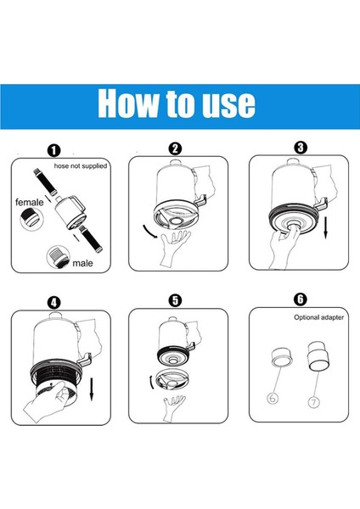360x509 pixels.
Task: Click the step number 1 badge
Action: coord(53,151)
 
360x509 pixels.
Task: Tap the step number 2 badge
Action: coord(175,148)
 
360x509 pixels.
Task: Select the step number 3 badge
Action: coord(301,148)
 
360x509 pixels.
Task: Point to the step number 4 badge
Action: coord(53,303)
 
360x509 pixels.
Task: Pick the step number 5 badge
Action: coord(175,300)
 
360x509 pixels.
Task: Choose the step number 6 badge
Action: coord(301,299)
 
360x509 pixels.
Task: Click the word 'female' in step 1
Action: coord(29,202)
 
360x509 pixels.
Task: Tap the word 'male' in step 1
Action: coord(82,263)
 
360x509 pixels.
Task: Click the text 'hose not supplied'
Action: coord(81,166)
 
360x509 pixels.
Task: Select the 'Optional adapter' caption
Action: coord(318,317)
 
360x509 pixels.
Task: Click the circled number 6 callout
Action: coord(273,398)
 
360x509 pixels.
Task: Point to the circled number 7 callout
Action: coord(314,402)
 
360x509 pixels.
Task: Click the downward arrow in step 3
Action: coord(326,227)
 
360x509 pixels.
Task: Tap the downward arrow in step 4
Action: coord(92,389)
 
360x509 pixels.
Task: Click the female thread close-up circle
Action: coord(31,219)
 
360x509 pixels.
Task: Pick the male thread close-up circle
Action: coord(59,257)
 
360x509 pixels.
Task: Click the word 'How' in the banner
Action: coord(128,103)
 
